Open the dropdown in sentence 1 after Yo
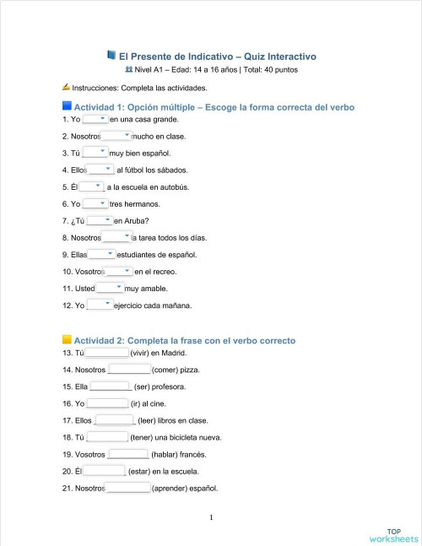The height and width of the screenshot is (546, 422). coord(95,119)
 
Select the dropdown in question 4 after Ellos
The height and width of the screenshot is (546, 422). coord(100,170)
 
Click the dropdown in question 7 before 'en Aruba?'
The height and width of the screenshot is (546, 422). coord(100,220)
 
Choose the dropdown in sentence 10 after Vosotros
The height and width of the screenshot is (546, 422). coord(118,271)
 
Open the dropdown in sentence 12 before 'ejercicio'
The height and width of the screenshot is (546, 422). coord(99,305)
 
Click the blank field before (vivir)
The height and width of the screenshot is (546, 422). coord(107,353)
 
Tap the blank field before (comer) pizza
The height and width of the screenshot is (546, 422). coord(128,370)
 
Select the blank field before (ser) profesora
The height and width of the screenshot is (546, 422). coord(111,387)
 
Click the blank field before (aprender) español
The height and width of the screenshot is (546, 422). coord(127,488)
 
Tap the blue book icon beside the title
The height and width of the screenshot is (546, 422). coord(111,55)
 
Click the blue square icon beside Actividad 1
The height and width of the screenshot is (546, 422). coord(67,106)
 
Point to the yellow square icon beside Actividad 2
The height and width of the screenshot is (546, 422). coord(67,340)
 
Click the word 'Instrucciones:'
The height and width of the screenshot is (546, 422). coord(95,87)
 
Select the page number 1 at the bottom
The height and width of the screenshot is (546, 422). coord(211,517)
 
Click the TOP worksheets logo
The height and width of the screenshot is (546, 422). coord(393,535)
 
